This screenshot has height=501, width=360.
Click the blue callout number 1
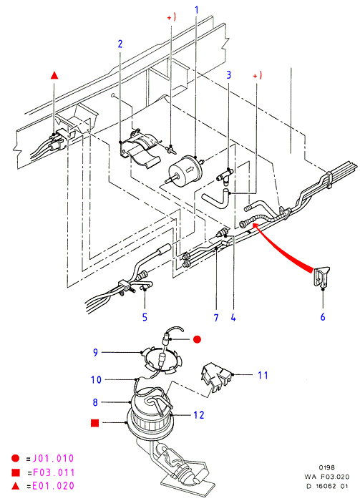coord(196,10)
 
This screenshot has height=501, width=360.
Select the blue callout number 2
coord(120,44)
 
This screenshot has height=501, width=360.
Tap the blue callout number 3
coord(228,74)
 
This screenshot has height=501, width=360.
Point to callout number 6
coord(323,316)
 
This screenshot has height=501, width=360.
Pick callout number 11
coord(263,375)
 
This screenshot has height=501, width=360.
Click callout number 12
coord(199,414)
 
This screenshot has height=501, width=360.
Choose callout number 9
coord(95,352)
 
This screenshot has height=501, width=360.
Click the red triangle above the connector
coord(54,75)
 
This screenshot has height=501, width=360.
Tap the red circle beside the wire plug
coord(198,339)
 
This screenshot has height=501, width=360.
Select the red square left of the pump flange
coord(95,423)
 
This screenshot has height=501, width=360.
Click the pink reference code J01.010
coord(54,459)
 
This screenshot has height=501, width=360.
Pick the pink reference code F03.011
coord(54,472)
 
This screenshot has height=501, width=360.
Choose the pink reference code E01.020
coord(54,486)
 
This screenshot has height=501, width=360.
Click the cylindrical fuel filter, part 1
coord(185,170)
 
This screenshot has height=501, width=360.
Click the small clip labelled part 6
coord(321,276)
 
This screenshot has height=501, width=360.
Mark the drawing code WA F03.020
coord(327,477)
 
